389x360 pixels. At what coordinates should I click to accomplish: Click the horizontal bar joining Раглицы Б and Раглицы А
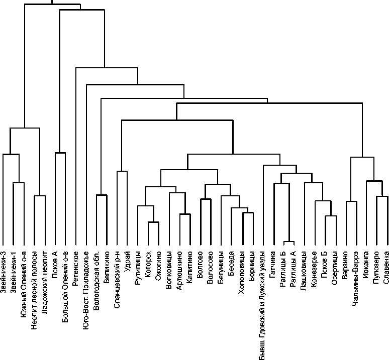(x=288, y=242)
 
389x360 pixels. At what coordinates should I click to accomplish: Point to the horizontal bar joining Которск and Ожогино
(x=153, y=222)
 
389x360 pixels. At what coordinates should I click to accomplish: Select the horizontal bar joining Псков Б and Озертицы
(x=330, y=216)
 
